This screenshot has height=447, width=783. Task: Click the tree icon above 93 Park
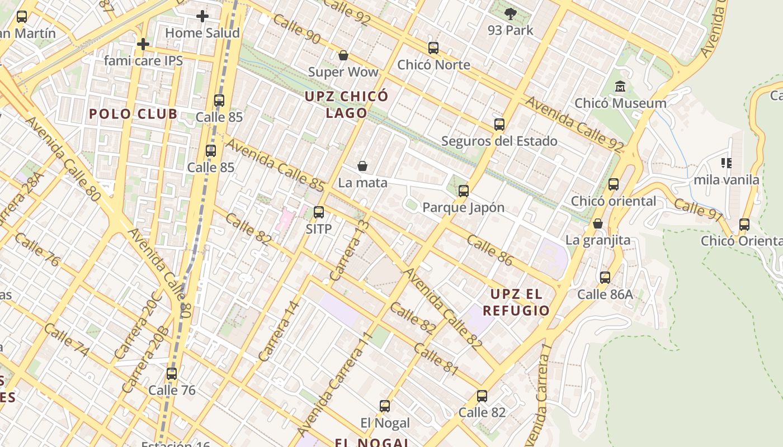pyautogui.click(x=510, y=13)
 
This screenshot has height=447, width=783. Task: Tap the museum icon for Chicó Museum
pyautogui.click(x=620, y=87)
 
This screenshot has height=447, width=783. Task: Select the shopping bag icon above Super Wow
pyautogui.click(x=343, y=55)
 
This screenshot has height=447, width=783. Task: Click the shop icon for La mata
pyautogui.click(x=362, y=166)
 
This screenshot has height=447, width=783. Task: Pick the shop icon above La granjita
pyautogui.click(x=598, y=223)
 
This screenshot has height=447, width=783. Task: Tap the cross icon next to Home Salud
pyautogui.click(x=202, y=16)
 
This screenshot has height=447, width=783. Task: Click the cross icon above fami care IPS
pyautogui.click(x=143, y=44)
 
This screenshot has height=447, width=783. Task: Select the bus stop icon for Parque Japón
pyautogui.click(x=463, y=191)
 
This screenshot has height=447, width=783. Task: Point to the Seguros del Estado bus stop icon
pyautogui.click(x=499, y=125)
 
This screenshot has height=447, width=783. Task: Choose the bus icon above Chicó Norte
pyautogui.click(x=433, y=48)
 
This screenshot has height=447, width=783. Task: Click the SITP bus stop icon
pyautogui.click(x=319, y=212)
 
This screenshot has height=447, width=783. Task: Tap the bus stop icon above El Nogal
pyautogui.click(x=385, y=406)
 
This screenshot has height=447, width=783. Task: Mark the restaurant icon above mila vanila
pyautogui.click(x=726, y=163)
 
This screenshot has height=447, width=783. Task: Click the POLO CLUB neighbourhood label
pyautogui.click(x=133, y=114)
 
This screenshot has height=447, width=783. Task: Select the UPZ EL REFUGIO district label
pyautogui.click(x=516, y=302)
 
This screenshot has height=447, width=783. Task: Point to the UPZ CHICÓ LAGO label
pyautogui.click(x=346, y=104)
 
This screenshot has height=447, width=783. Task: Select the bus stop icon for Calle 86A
pyautogui.click(x=605, y=278)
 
